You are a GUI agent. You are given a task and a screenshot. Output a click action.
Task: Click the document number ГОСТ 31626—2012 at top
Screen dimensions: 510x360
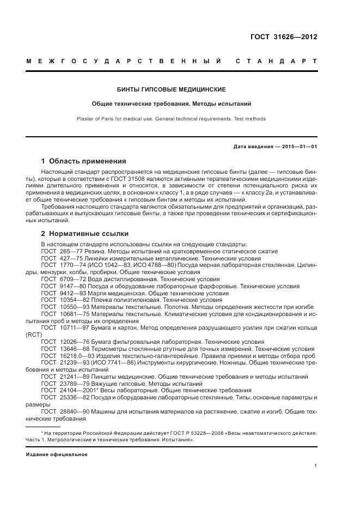click(283, 37)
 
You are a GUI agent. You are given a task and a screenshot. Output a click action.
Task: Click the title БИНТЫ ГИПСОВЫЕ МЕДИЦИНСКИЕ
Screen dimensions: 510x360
click(172, 89)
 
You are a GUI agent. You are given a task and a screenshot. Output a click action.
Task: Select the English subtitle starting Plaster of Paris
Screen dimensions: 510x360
click(172, 118)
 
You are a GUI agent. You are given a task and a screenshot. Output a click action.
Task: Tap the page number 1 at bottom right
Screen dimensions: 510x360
click(316, 466)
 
